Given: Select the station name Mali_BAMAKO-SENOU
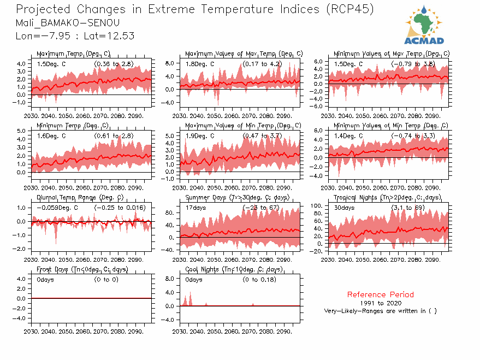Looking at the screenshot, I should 68,23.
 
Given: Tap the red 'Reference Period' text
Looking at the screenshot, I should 380,294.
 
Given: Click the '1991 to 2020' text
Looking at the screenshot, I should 380,303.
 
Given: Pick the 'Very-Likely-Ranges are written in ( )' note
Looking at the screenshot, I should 380,311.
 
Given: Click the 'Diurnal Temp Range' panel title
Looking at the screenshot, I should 80,197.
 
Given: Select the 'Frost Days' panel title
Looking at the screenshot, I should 82,269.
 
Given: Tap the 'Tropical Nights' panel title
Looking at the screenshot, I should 392,197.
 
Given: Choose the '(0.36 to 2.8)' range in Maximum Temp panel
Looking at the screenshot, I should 114,64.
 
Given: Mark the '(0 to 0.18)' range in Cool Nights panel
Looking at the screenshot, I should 259,280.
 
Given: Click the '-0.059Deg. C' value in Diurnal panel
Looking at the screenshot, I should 57,208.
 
